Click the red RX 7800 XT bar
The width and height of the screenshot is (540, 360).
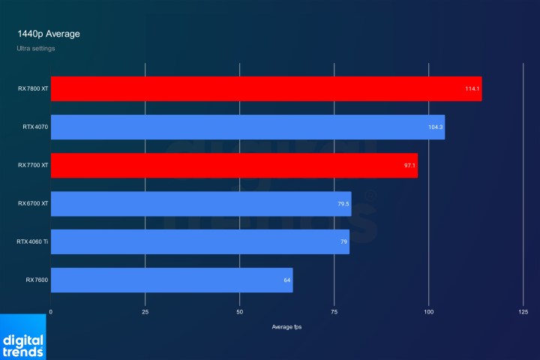tap(266, 88)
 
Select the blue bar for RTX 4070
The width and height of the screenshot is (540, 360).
tap(247, 127)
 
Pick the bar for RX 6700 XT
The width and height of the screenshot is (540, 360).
tap(201, 203)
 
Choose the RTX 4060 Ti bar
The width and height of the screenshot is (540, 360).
tap(200, 241)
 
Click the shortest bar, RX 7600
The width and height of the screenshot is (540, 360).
tap(172, 280)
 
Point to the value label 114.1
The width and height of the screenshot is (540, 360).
tap(472, 88)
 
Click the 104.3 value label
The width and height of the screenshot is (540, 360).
tap(436, 127)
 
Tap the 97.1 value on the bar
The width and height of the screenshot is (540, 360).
tap(409, 165)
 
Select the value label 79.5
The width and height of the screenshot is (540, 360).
tap(343, 203)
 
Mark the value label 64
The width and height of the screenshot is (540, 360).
tap(286, 280)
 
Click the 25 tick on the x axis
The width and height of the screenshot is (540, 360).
tap(145, 311)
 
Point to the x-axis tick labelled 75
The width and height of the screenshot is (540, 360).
tap(334, 311)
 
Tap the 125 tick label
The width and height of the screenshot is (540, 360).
tap(523, 311)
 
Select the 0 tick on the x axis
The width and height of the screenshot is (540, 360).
tap(51, 311)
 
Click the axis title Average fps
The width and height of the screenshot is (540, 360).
tap(287, 327)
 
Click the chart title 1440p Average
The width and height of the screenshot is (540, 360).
tap(49, 34)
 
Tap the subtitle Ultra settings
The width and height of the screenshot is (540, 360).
tap(36, 49)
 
